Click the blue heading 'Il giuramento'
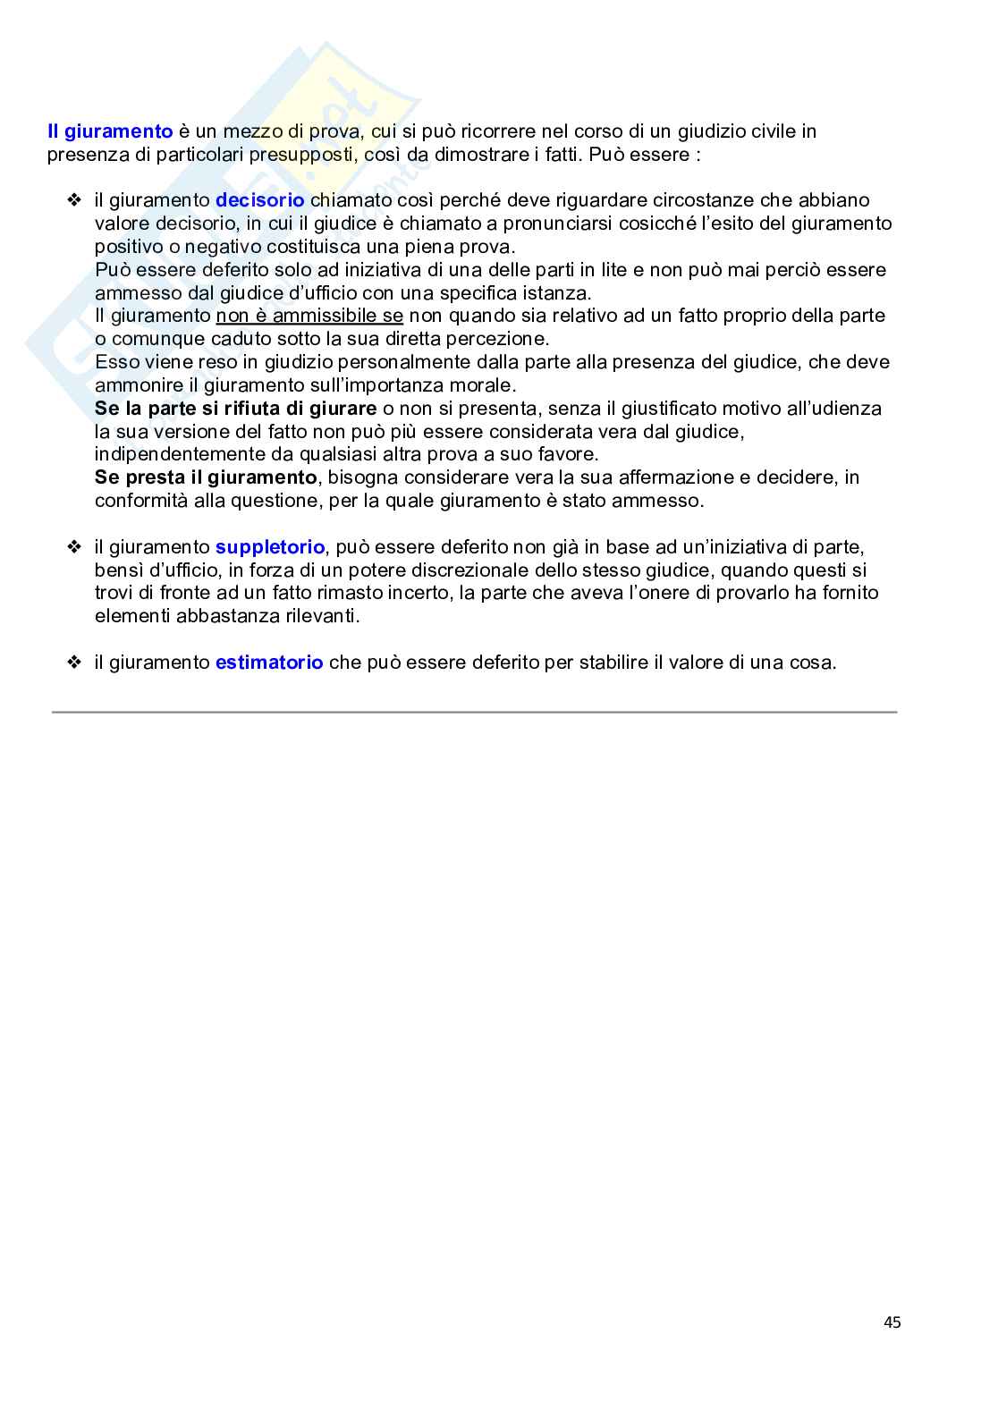point(110,131)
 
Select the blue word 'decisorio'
point(259,200)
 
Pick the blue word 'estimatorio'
point(269,663)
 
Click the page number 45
point(892,1322)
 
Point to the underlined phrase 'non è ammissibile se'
point(309,316)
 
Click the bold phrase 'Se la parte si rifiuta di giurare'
point(235,409)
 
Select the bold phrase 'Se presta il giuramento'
point(206,477)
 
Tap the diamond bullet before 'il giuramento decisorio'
point(74,200)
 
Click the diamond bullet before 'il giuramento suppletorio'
point(74,547)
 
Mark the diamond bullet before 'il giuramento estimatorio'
point(74,663)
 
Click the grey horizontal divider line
point(474,713)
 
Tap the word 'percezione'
point(502,339)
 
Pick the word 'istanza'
point(557,293)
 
